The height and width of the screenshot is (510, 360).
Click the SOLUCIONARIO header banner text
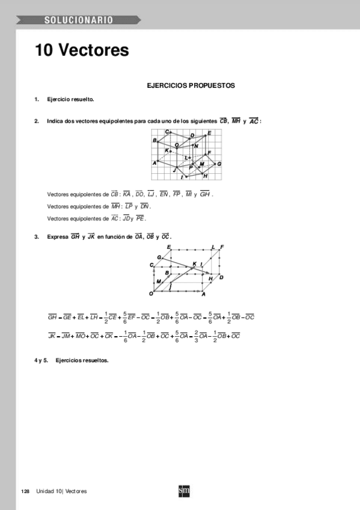(x=78, y=20)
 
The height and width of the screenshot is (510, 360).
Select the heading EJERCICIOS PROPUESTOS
(x=191, y=86)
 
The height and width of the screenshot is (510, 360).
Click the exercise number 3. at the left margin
(x=37, y=237)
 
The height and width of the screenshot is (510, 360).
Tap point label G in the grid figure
(x=219, y=164)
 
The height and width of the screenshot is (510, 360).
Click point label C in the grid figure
(x=167, y=132)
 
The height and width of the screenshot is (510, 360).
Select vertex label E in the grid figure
(x=209, y=133)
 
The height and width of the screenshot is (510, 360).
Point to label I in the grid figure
(x=182, y=177)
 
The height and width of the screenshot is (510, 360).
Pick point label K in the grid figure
(x=166, y=150)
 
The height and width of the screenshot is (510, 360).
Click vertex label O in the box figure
(x=151, y=293)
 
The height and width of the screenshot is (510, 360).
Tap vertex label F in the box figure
(x=222, y=247)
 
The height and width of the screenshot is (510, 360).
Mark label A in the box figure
(x=203, y=294)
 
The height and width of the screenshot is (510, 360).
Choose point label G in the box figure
(x=159, y=257)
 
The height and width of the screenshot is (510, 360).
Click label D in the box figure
(x=221, y=277)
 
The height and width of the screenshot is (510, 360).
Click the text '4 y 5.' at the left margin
(x=41, y=360)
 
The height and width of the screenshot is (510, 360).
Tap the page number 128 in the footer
(x=25, y=491)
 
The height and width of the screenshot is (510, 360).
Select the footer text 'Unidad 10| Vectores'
(x=62, y=491)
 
